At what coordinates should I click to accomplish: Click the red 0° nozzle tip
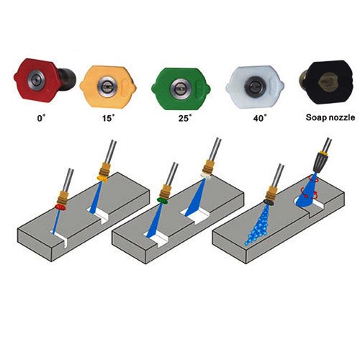(45, 80)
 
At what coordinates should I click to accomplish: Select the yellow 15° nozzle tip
(108, 86)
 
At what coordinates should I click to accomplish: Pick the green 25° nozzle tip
(181, 88)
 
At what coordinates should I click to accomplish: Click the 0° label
(41, 118)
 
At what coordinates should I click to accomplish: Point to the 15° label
(109, 118)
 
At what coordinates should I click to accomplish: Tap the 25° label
(185, 118)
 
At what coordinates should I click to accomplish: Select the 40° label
(260, 118)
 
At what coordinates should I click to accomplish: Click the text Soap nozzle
(330, 117)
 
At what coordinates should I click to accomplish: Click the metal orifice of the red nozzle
(36, 81)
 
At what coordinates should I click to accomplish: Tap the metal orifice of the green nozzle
(179, 88)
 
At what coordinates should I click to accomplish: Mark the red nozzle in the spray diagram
(60, 207)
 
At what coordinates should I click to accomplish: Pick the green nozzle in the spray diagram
(162, 200)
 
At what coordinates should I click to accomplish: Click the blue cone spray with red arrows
(307, 192)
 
